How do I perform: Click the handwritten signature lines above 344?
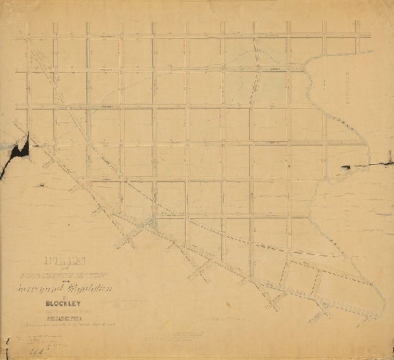[x=32, y=338]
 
